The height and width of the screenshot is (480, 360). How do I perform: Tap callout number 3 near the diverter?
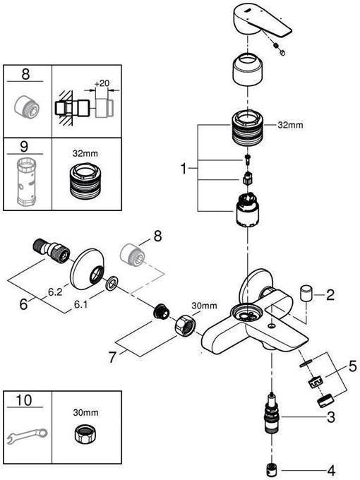(330, 418)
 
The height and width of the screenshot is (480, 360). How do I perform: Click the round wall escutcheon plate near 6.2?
(89, 264)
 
